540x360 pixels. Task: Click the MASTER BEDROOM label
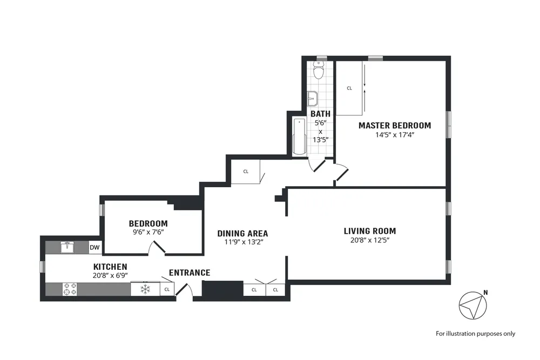(395, 126)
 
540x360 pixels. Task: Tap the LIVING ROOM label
(369, 231)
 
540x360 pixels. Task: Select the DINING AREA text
(242, 234)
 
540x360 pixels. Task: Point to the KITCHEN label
(110, 267)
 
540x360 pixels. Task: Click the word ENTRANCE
(190, 273)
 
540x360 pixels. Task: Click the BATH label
(320, 114)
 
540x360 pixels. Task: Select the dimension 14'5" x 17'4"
(395, 135)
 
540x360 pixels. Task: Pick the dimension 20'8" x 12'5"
(369, 240)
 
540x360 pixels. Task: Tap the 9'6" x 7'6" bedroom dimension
(148, 233)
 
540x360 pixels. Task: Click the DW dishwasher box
(95, 248)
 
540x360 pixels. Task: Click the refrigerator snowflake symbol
(145, 289)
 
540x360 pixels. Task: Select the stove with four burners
(70, 289)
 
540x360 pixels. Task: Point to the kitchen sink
(67, 248)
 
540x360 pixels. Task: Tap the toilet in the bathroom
(319, 70)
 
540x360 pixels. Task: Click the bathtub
(299, 137)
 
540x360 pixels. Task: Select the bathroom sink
(313, 99)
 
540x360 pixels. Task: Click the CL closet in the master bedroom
(349, 88)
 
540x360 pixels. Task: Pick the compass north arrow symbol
(472, 305)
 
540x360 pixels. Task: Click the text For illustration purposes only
(475, 334)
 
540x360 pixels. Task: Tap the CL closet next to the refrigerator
(167, 289)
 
